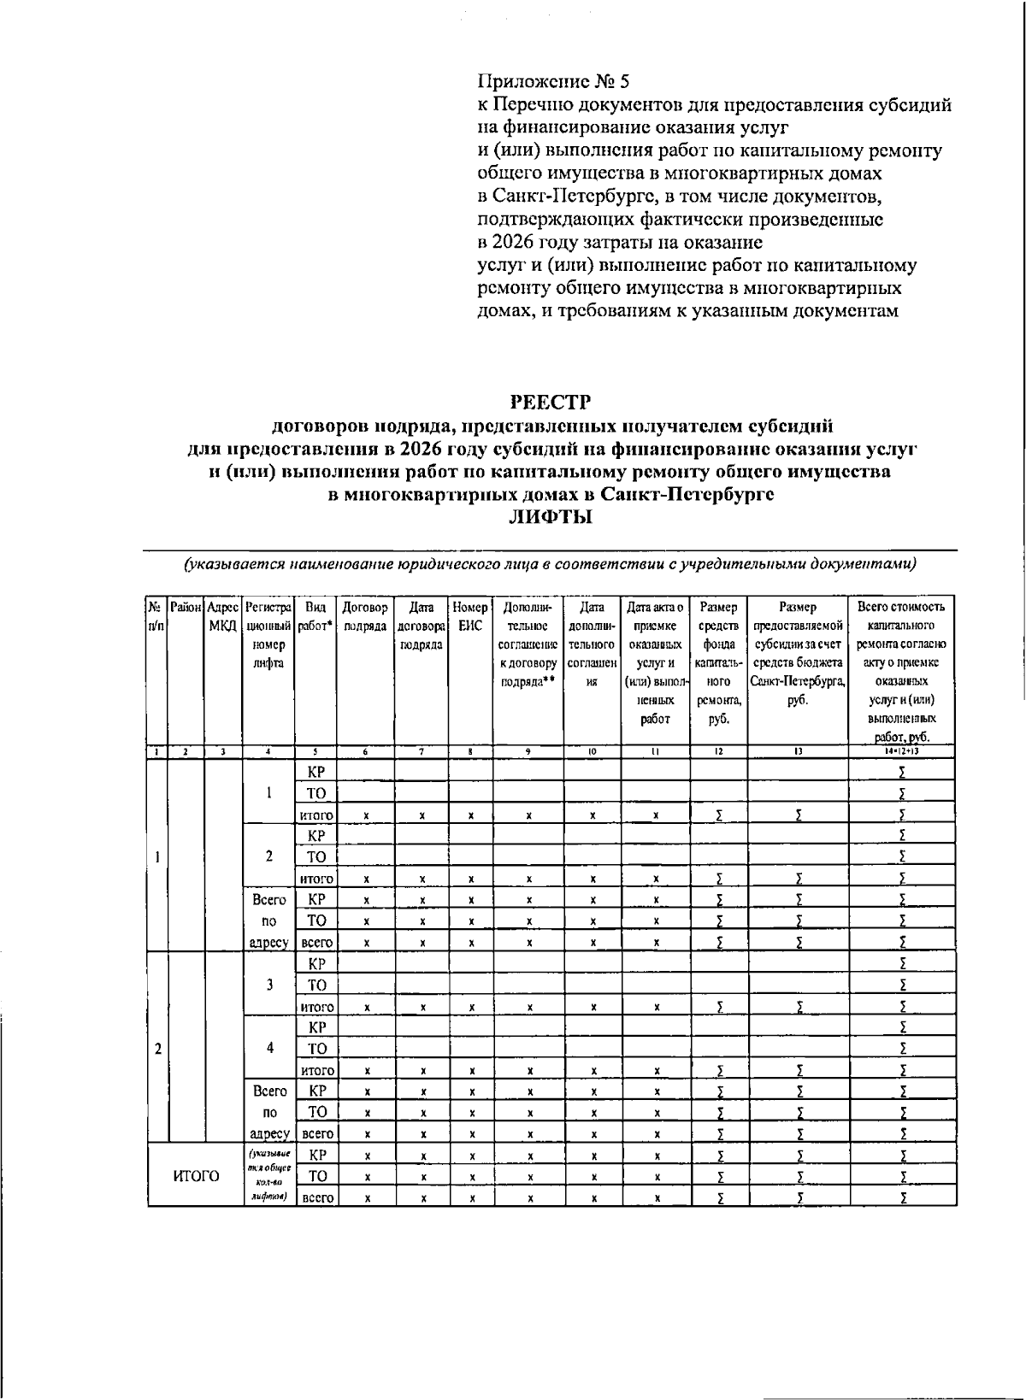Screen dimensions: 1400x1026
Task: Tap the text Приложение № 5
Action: point(552,82)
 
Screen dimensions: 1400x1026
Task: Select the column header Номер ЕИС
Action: point(470,616)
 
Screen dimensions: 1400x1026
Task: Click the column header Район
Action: point(186,608)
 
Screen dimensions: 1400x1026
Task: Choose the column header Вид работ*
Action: point(315,616)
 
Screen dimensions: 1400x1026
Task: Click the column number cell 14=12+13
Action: point(902,751)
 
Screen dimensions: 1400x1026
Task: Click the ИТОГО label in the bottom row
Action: point(196,1176)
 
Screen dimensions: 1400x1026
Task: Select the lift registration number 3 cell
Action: point(268,984)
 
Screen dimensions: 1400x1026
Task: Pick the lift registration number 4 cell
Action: point(268,1048)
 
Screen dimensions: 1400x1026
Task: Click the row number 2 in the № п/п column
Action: point(157,1049)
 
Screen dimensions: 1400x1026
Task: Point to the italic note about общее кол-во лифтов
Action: point(268,1176)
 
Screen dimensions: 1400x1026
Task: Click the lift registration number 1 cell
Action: point(268,792)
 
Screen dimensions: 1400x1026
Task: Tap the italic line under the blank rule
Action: point(550,564)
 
